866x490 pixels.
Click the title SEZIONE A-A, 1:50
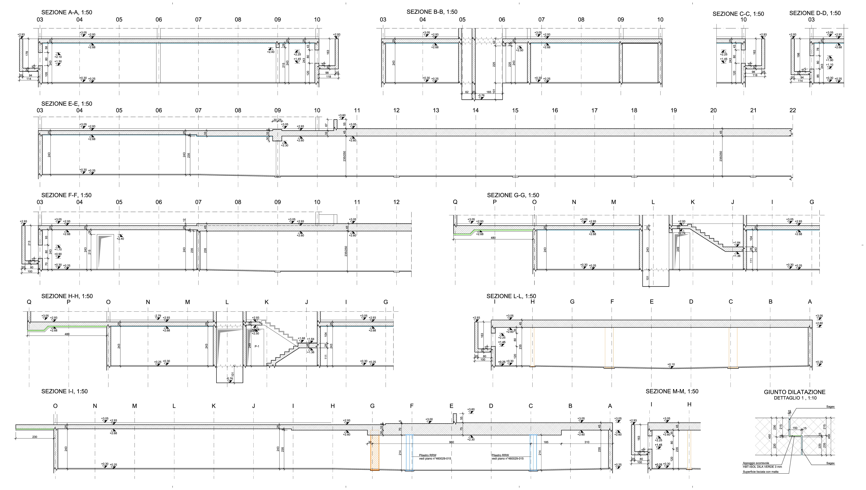pyautogui.click(x=67, y=12)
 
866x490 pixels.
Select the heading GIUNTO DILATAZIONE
pyautogui.click(x=794, y=392)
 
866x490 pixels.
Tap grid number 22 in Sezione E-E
pyautogui.click(x=793, y=110)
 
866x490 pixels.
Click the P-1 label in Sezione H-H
pyautogui.click(x=257, y=346)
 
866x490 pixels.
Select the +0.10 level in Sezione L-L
pyautogui.click(x=671, y=364)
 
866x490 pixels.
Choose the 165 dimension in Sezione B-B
pyautogui.click(x=489, y=92)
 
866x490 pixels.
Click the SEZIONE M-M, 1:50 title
pyautogui.click(x=672, y=391)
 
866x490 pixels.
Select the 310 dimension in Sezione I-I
pyautogui.click(x=587, y=442)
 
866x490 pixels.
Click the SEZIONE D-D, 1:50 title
pyautogui.click(x=815, y=13)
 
